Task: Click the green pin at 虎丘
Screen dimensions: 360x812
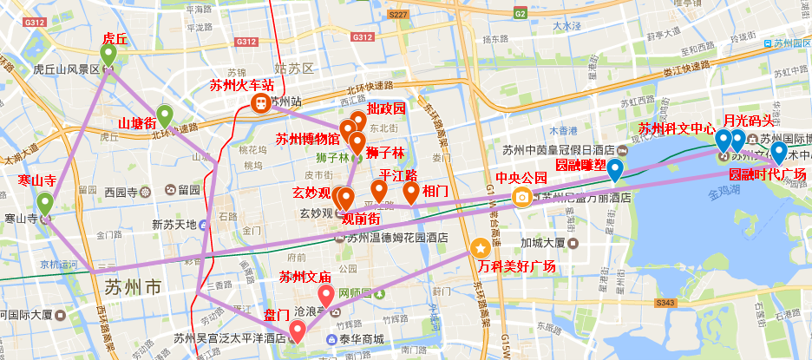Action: coord(108,55)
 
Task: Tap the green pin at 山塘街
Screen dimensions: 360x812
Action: coord(164,114)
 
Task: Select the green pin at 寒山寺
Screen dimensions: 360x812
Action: coord(44,204)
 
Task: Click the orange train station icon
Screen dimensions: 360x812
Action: coord(259,102)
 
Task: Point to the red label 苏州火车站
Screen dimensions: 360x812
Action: coord(242,86)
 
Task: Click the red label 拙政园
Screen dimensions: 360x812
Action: coord(386,109)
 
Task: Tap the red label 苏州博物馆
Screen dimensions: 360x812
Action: coord(307,139)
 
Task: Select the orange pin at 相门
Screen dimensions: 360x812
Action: coord(410,193)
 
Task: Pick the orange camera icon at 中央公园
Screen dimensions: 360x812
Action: coord(521,197)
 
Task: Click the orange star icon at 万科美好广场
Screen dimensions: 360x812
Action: coord(480,248)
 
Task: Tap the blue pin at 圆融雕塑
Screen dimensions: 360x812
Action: coord(615,170)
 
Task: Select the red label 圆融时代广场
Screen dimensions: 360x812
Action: coord(767,174)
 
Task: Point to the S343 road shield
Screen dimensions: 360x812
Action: coord(665,302)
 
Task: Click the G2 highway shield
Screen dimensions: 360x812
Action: coord(520,14)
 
